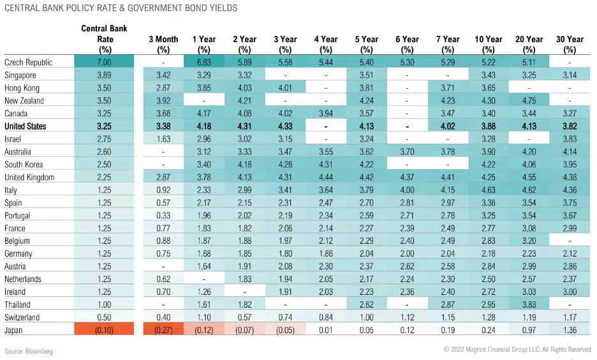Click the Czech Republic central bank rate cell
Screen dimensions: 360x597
[x=103, y=63]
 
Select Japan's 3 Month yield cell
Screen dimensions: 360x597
[x=163, y=331]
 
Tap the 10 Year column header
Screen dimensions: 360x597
[x=489, y=43]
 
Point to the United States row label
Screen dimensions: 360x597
[x=26, y=126]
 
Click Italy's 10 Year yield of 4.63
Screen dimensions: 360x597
[x=489, y=190]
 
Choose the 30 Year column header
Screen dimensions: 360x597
[x=570, y=43]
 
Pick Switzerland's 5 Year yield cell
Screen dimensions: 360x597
[x=366, y=318]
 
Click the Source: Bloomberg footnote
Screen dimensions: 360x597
[x=29, y=352]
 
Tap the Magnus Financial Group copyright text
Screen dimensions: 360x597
[x=517, y=350]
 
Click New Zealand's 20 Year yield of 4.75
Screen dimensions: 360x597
[x=529, y=101]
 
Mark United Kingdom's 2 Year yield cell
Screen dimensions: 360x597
[x=245, y=177]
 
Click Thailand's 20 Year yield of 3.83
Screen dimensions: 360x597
[x=529, y=305]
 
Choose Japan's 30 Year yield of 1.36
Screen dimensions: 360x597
[x=570, y=331]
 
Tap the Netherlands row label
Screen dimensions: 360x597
[x=23, y=280]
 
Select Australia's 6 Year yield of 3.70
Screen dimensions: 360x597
[x=407, y=152]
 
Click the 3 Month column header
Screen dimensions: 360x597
[x=163, y=43]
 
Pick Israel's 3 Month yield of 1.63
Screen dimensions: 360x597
[x=163, y=139]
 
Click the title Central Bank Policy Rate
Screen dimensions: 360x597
[x=121, y=8]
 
